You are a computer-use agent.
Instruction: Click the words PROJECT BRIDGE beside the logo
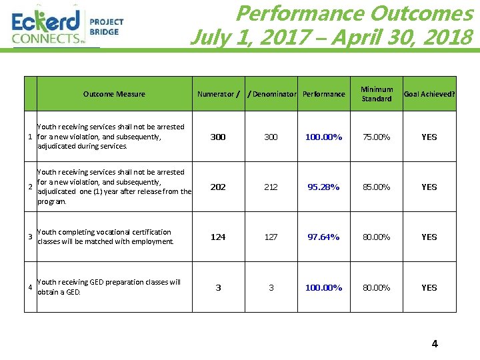[x=106, y=27]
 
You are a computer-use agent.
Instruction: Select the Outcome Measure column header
[x=114, y=94]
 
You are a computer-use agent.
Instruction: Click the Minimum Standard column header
[x=377, y=94]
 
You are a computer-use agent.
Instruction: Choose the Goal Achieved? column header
[x=429, y=94]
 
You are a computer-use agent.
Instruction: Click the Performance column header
[x=324, y=94]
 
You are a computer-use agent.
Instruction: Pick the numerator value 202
[x=218, y=187]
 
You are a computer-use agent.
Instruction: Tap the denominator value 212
[x=271, y=187]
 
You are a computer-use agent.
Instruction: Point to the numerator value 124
[x=218, y=237]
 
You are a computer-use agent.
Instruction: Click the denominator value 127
[x=271, y=237]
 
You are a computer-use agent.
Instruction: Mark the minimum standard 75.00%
[x=377, y=137]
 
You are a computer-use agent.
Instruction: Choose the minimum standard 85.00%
[x=377, y=187]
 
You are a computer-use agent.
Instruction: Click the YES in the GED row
[x=429, y=287]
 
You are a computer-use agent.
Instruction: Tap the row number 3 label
[x=30, y=237]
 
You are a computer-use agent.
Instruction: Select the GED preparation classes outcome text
[x=109, y=287]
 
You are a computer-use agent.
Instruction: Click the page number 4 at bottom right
[x=435, y=344]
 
